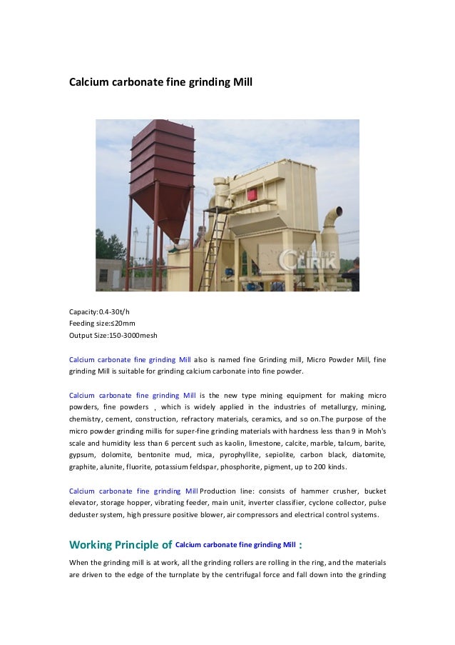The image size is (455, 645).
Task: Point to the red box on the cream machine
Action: (252, 193)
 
